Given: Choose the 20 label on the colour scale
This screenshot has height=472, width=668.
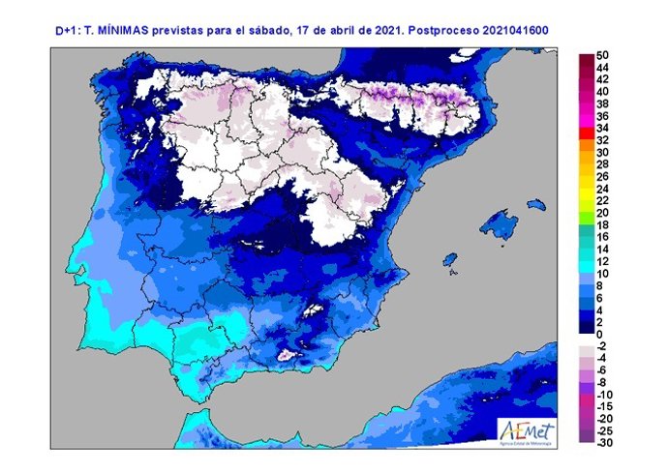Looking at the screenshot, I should [603, 213].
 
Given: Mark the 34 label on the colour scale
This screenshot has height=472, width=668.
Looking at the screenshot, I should [603, 128].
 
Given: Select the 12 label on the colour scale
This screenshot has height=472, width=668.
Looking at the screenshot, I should [603, 261].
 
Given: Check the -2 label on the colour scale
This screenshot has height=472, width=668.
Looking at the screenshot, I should [602, 345].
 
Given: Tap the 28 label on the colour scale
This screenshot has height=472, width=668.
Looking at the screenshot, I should [603, 164].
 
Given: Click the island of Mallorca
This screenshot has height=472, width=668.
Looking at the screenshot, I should [501, 224].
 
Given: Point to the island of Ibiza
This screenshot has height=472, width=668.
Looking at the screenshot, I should [448, 260].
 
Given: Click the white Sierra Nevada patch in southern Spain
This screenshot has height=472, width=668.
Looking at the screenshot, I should [288, 356].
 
